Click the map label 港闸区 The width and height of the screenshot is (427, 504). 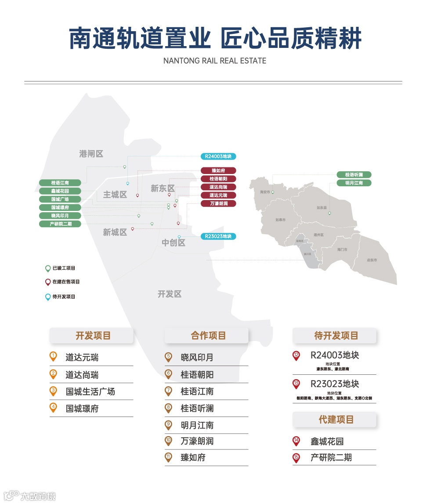pos(91,154)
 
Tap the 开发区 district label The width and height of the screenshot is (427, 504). pos(170,294)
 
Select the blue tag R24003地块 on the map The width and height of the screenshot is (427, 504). pos(218,156)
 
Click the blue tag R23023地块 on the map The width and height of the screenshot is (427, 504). pos(218,236)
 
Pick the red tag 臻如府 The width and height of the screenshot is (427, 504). pos(218,170)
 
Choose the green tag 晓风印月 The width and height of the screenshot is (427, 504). pos(60,216)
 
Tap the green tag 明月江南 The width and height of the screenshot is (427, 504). pos(354,183)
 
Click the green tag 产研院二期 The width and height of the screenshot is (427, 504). pos(60,224)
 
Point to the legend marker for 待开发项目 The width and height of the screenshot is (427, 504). pos(48,297)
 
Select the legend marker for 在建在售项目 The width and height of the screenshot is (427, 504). pos(48,282)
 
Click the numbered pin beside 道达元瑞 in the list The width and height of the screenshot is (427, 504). pos(53,357)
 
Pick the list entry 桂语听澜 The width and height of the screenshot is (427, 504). pos(197,408)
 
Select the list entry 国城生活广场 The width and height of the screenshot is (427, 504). pos(90,391)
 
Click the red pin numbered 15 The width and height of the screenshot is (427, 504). pos(296,458)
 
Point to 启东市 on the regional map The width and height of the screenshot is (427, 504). pos(372,260)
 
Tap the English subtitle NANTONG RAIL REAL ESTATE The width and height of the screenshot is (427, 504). pos(214,61)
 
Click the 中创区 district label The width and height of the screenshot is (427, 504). pos(174,243)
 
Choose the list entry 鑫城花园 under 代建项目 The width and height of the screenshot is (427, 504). pos(327,441)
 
